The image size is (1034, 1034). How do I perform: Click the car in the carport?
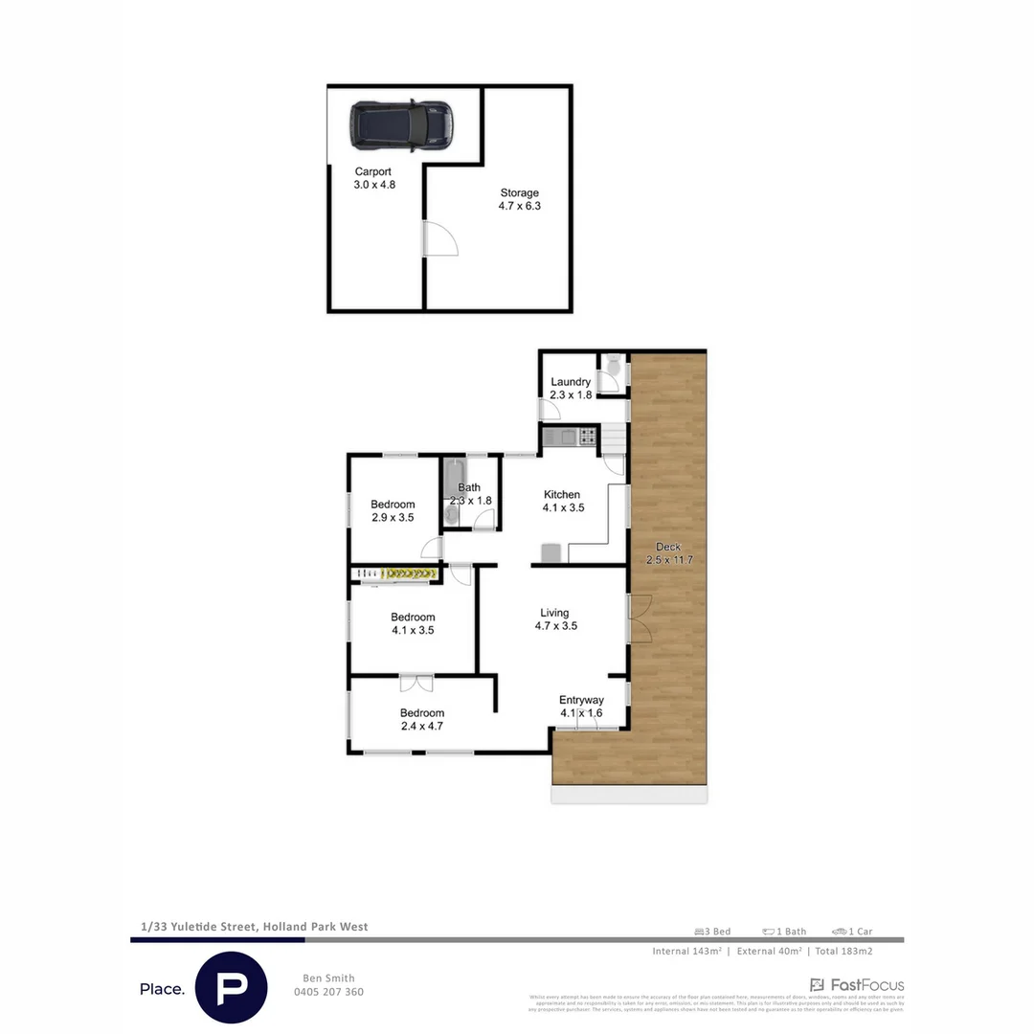point(400,125)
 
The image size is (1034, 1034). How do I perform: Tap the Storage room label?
point(519,199)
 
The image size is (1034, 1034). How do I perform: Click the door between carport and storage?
point(438,238)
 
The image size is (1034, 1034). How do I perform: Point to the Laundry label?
point(571,388)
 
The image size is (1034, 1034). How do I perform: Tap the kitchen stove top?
point(585,438)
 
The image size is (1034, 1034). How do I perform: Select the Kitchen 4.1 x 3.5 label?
point(561,501)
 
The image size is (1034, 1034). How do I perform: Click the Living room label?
point(555,619)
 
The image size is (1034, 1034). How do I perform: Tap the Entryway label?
point(581,706)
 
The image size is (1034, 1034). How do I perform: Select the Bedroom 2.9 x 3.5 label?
point(393,511)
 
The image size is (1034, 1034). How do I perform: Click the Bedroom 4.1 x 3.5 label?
point(413,623)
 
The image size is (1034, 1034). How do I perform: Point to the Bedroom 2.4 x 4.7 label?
point(422,719)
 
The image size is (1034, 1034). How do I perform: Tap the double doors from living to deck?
point(638,618)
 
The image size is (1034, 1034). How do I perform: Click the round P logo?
point(231,988)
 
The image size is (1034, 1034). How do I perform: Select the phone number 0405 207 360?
point(328,992)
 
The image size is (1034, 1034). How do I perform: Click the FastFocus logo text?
point(857,985)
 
